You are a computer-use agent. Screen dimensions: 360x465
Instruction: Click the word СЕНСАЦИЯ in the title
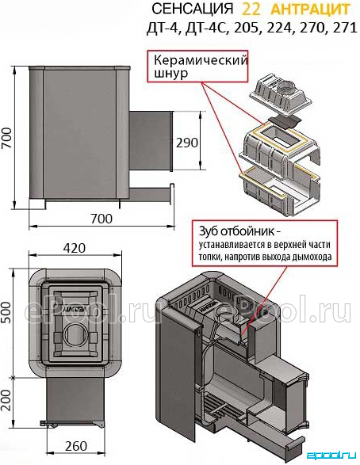click(193, 10)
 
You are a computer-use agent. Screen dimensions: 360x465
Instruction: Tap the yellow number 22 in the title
click(251, 10)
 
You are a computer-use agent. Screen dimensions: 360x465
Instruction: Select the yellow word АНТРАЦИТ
click(310, 10)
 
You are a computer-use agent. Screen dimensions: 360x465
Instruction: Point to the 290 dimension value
click(187, 143)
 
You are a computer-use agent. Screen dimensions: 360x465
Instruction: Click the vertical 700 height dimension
click(7, 138)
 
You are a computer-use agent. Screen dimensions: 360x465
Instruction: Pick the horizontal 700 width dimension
click(101, 219)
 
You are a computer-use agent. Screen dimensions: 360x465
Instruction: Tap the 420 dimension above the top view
click(75, 248)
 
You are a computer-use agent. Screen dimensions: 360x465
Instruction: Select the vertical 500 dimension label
click(6, 312)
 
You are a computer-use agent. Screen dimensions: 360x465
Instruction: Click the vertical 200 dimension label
click(6, 400)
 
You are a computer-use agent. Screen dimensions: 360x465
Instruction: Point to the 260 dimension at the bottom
click(76, 446)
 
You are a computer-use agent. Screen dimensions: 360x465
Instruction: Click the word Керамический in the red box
click(201, 61)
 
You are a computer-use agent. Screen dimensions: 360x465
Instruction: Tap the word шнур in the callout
click(171, 73)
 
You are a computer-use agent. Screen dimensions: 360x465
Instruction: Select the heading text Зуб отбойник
click(236, 231)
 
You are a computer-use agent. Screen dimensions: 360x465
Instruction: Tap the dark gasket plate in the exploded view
click(284, 121)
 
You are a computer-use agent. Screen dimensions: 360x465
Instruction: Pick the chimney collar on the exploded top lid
click(287, 87)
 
